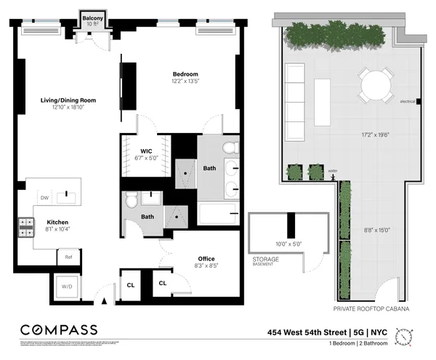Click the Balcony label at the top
pyautogui.click(x=91, y=17)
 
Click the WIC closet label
pyautogui.click(x=145, y=151)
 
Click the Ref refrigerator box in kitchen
pyautogui.click(x=68, y=257)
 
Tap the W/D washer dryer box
pyautogui.click(x=67, y=287)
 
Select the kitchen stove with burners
pyautogui.click(x=26, y=228)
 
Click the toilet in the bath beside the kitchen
pyautogui.click(x=132, y=201)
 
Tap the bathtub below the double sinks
pyautogui.click(x=218, y=214)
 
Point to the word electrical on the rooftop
pyautogui.click(x=407, y=101)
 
